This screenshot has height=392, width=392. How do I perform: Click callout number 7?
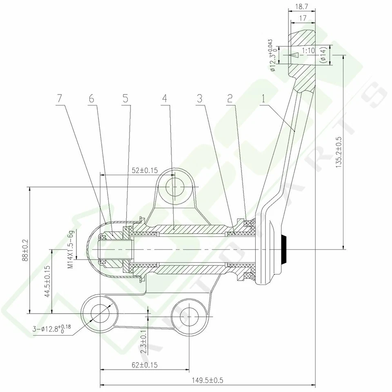point(60,99)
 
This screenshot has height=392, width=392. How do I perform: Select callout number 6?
point(91,99)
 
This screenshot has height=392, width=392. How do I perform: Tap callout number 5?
point(125,99)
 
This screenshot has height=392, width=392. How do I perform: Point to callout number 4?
point(165,99)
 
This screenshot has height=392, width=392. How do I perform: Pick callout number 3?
point(199,99)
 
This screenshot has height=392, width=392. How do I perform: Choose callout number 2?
point(230,99)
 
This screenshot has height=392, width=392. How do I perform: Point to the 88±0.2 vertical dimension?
point(25,250)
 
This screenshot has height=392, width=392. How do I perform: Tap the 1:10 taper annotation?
point(308,51)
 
